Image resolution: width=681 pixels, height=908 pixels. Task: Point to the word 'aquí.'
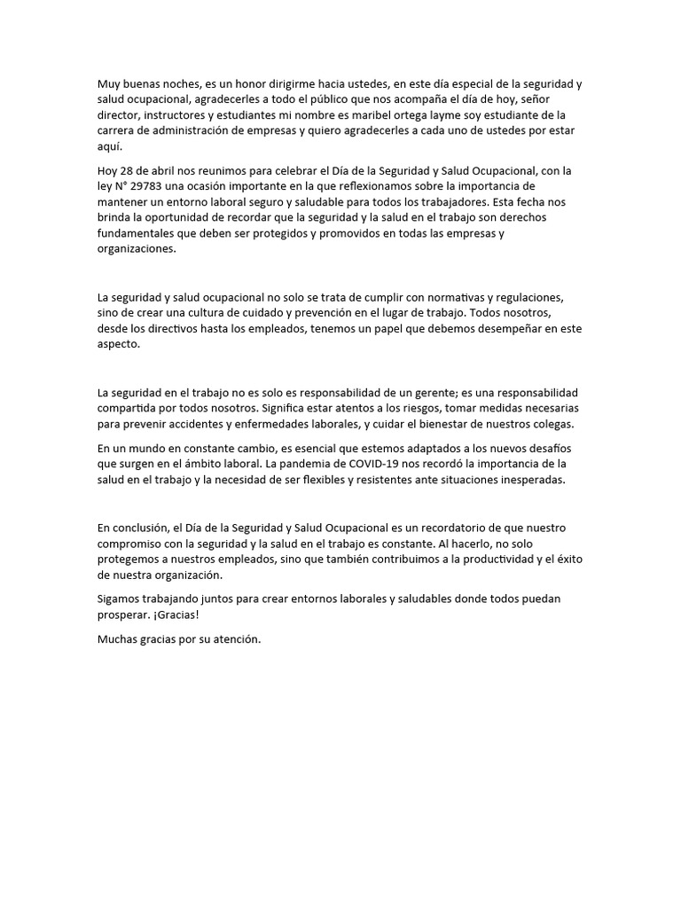click(110, 147)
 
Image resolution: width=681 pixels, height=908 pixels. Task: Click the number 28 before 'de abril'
click(130, 169)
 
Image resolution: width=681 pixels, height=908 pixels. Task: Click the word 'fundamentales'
click(136, 233)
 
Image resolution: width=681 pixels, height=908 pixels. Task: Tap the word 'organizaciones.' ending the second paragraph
click(137, 249)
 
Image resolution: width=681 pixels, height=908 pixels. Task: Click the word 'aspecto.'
click(119, 345)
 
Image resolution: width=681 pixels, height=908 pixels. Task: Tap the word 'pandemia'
click(301, 464)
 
